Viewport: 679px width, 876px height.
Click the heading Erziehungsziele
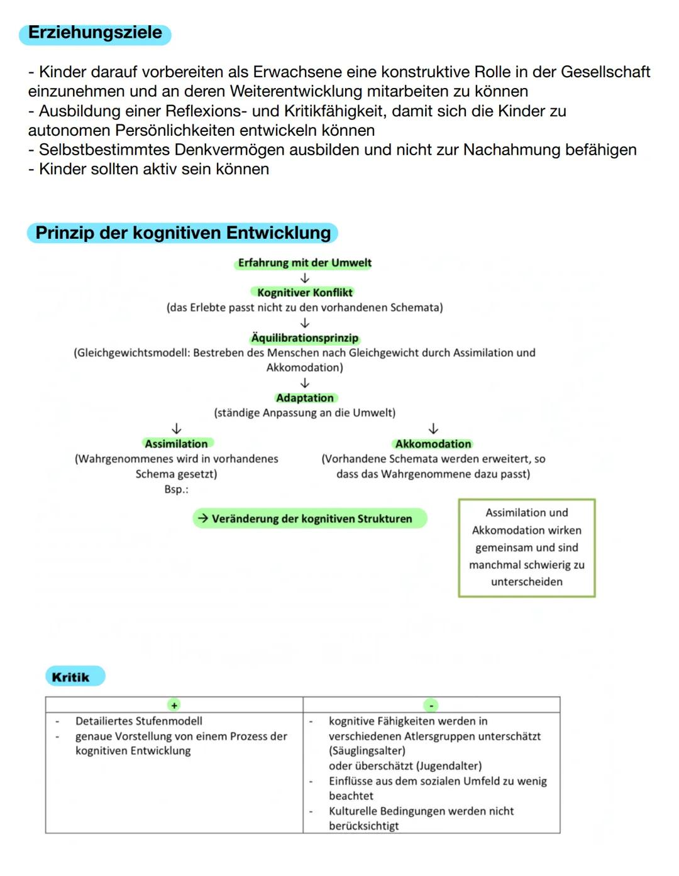point(95,33)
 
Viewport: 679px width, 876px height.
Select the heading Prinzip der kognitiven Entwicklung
point(182,233)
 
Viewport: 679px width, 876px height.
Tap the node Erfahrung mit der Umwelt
point(304,263)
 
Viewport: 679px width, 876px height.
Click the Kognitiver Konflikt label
point(305,292)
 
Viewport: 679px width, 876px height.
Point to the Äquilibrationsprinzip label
point(305,338)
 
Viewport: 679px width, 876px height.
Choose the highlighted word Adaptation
point(305,398)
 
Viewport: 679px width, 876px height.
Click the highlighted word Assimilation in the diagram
point(176,444)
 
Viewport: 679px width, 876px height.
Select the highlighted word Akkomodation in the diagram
point(433,444)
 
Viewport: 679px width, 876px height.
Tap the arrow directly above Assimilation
point(177,429)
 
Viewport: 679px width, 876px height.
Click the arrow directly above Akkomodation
point(433,429)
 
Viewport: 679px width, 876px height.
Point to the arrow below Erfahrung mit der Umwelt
point(305,278)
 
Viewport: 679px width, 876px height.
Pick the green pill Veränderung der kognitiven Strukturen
point(310,518)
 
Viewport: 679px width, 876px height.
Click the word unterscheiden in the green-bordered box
point(527,582)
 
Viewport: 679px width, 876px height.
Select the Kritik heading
point(71,677)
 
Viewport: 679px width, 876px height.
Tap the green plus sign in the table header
point(174,705)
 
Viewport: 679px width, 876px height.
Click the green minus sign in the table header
point(431,705)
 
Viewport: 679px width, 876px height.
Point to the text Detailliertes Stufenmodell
point(139,721)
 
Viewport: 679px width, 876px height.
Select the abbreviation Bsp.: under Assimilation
point(176,489)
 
